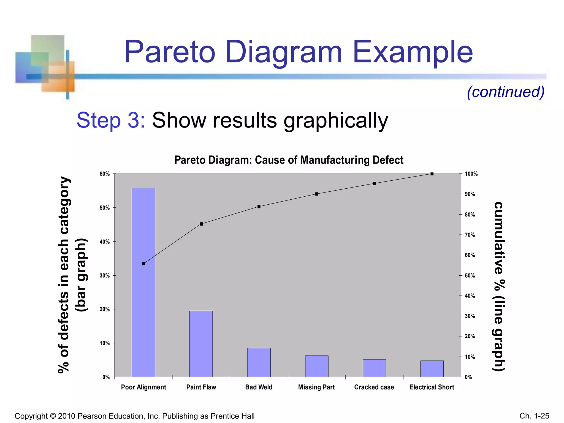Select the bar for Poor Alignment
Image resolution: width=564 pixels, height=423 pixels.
[x=143, y=282]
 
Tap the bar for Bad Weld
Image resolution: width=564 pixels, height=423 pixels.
[x=259, y=362]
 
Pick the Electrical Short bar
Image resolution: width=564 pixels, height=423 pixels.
[x=432, y=369]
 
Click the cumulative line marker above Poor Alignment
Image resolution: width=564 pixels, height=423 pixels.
[x=143, y=264]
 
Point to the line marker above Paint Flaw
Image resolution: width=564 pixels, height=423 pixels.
[x=201, y=224]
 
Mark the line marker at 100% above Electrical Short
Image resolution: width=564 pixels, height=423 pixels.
[x=432, y=174]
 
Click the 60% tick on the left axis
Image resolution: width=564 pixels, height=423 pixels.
[x=105, y=174]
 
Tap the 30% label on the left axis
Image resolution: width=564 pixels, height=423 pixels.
[x=105, y=275]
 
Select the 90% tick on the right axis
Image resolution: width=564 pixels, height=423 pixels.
[x=470, y=194]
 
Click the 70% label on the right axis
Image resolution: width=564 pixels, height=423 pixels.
[x=470, y=235]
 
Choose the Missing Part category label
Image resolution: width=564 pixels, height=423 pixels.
[x=316, y=387]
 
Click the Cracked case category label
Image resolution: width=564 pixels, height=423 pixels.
[x=374, y=387]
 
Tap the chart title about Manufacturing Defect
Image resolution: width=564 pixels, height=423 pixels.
[x=289, y=160]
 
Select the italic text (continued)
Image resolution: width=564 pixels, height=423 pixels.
[x=506, y=92]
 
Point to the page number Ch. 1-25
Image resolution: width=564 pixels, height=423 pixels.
[x=534, y=416]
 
